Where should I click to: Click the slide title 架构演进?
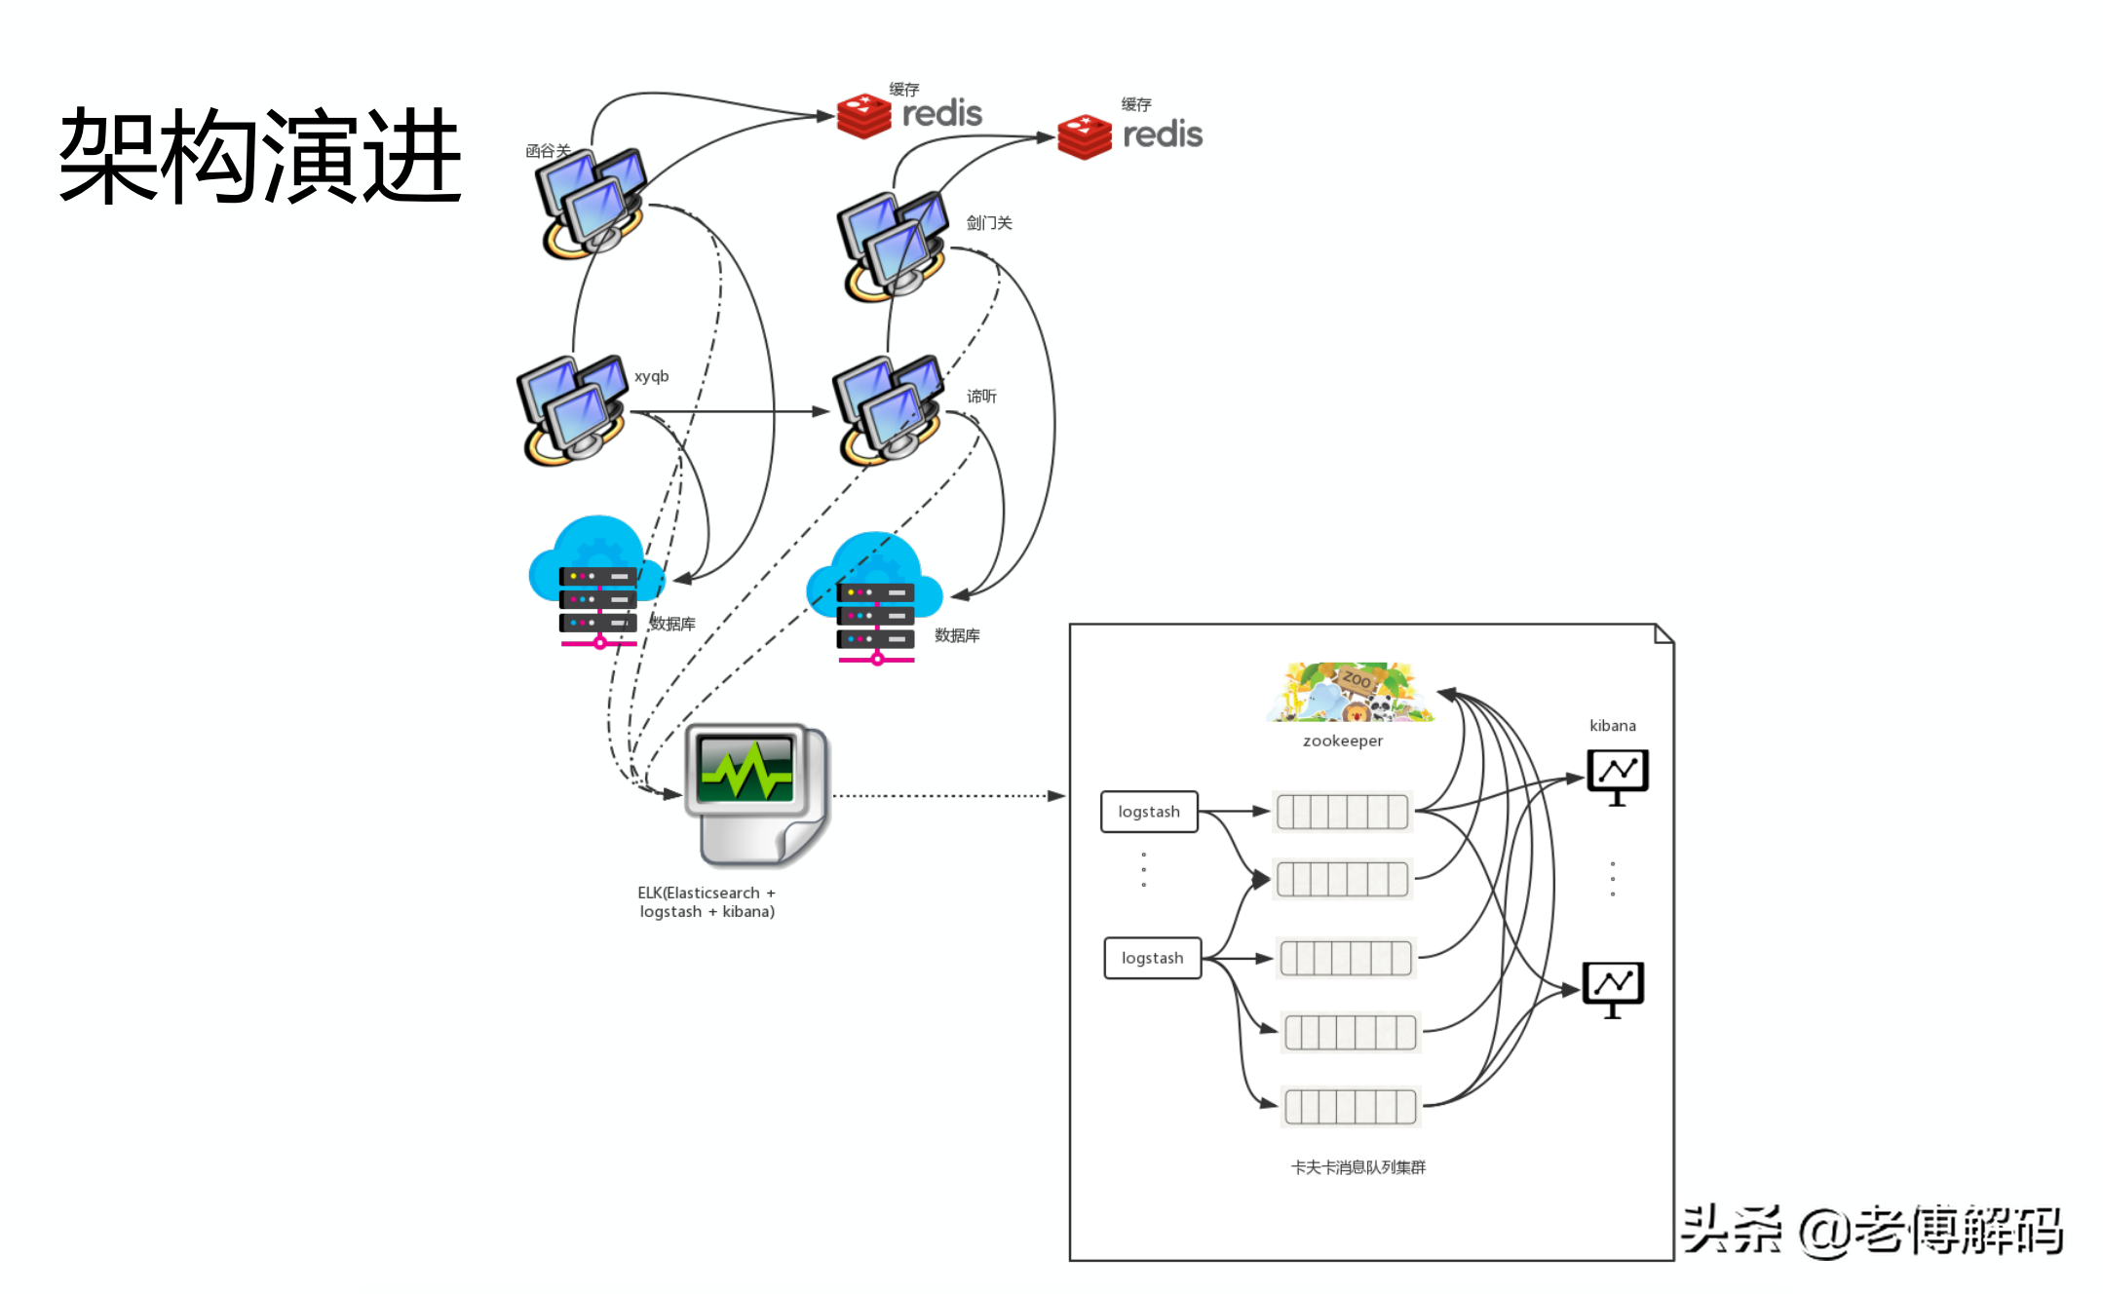click(260, 156)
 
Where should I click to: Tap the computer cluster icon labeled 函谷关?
click(590, 203)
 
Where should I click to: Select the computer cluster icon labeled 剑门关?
click(892, 246)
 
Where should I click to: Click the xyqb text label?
click(651, 376)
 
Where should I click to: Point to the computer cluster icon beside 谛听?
click(887, 409)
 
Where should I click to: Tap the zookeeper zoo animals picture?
click(1351, 692)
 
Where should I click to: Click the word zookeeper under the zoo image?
click(1343, 741)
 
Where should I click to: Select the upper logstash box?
click(1149, 812)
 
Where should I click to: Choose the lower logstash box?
click(1152, 958)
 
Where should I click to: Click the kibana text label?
click(1612, 726)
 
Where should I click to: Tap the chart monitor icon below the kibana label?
click(1617, 776)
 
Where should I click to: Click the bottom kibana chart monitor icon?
click(1613, 988)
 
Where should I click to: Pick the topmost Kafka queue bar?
click(1342, 811)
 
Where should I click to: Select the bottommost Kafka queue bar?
click(1350, 1107)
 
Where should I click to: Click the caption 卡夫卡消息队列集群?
click(1357, 1167)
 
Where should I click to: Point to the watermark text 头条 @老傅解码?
click(1871, 1230)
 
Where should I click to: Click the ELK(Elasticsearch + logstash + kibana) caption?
click(707, 902)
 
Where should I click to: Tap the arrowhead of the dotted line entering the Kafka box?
click(1056, 796)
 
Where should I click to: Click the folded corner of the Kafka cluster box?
click(1664, 634)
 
